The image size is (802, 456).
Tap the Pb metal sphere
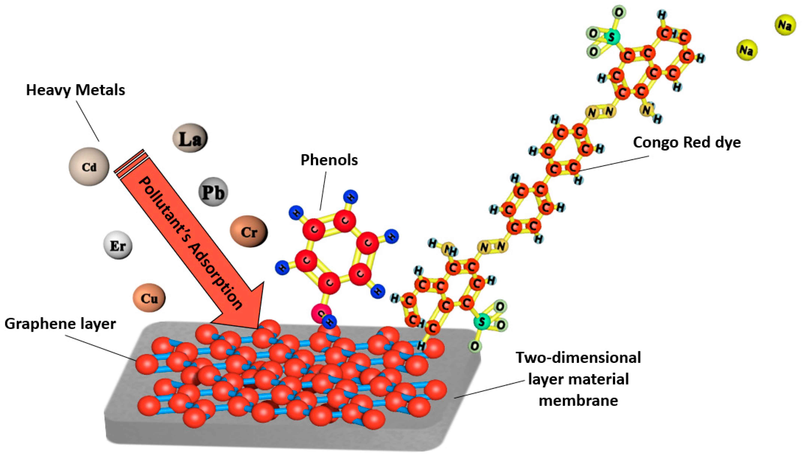[x=213, y=192]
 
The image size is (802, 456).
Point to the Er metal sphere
[x=118, y=245]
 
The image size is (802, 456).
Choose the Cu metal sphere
[x=149, y=298]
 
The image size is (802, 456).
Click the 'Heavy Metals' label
[x=76, y=90]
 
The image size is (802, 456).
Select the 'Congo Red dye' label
[x=687, y=142]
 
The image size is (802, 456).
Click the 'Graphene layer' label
[x=60, y=323]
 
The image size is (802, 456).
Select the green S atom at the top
[x=611, y=37]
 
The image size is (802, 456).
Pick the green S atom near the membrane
[x=481, y=322]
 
